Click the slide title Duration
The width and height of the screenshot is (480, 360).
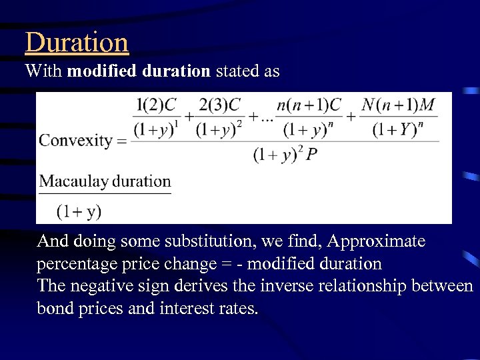click(77, 42)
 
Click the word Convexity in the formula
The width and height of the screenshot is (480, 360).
click(75, 141)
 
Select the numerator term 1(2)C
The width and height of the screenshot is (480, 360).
click(156, 105)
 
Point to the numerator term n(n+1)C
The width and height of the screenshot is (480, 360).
click(308, 105)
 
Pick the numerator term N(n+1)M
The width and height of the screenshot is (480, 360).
click(399, 105)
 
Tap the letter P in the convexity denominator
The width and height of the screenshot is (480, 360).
click(312, 155)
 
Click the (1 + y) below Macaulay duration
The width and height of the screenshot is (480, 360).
click(79, 212)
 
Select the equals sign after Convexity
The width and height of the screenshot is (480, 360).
click(121, 141)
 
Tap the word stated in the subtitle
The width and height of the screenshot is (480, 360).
click(238, 71)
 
